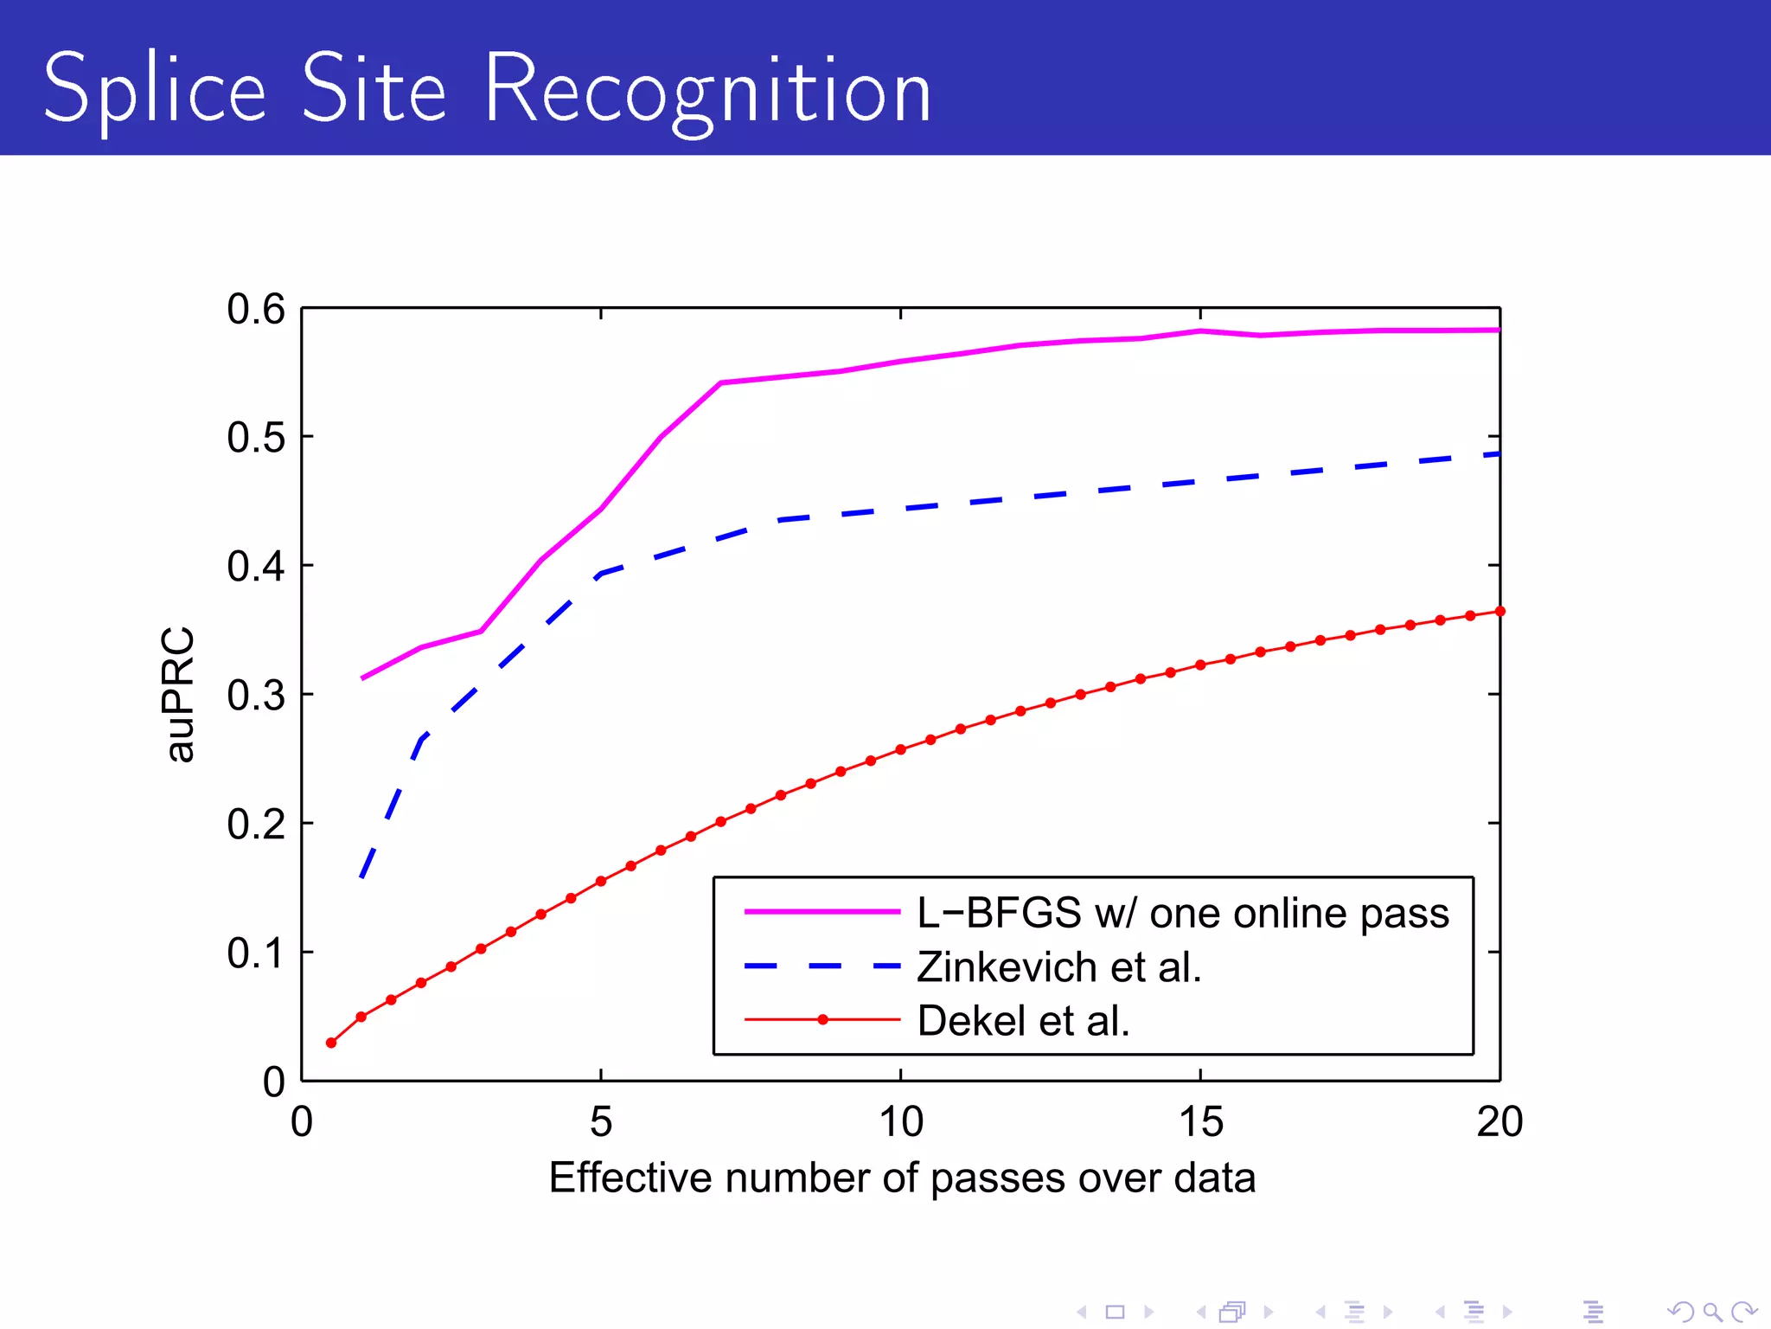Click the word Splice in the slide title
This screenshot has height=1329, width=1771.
pos(154,90)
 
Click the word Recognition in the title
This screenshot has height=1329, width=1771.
pos(707,90)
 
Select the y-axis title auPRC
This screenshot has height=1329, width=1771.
pos(179,694)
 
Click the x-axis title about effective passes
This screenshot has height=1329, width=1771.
pos(901,1178)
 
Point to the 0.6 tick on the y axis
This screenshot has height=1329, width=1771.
pos(256,309)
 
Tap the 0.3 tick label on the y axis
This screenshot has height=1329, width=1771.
pos(256,696)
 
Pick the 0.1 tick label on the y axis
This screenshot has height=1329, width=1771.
pos(256,953)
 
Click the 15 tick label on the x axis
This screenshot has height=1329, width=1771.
pos(1200,1122)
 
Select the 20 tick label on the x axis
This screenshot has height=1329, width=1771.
pos(1499,1122)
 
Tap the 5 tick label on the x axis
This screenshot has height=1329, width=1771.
pos(601,1122)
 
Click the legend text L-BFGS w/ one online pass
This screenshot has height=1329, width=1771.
pos(1182,913)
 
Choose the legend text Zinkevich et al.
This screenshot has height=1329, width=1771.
pos(1058,967)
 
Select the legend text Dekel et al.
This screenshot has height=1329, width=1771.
pos(1023,1021)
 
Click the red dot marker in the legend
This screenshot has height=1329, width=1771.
pos(822,1020)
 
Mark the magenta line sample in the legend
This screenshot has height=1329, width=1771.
pos(822,912)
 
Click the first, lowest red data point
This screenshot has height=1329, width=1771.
pos(331,1043)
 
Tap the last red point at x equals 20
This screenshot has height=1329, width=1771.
pos(1499,612)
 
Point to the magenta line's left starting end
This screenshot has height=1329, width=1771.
pos(362,678)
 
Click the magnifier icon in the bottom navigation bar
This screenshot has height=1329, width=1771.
pos(1712,1312)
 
